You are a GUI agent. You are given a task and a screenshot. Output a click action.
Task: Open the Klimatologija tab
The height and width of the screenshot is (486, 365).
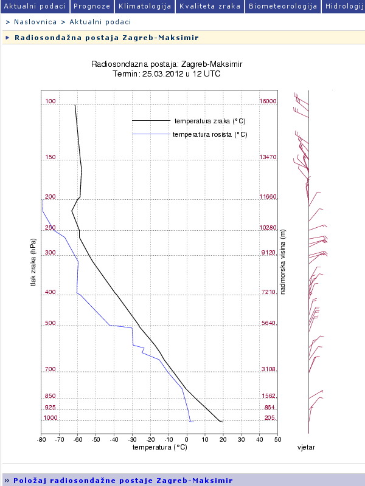click(145, 6)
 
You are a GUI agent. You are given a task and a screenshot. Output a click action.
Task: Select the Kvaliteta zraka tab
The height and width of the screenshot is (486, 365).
click(210, 6)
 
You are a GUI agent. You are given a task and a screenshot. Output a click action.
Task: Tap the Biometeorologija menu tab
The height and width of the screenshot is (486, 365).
click(283, 6)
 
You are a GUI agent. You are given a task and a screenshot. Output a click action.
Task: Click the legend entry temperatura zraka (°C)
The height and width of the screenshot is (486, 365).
click(209, 121)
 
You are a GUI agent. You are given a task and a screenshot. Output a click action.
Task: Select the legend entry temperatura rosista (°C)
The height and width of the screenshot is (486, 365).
click(209, 134)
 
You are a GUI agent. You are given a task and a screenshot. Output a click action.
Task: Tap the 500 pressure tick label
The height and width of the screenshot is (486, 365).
click(50, 324)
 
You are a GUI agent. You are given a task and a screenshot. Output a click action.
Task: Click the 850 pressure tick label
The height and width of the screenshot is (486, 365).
click(50, 396)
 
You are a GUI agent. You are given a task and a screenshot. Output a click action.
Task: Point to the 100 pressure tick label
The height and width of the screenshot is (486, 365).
click(50, 101)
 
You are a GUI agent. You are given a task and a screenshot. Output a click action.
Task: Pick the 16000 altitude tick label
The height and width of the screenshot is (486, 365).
click(268, 101)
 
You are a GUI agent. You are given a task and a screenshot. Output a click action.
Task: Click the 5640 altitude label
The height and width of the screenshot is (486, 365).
click(269, 324)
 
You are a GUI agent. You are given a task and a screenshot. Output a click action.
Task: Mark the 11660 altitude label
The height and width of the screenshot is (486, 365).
click(268, 197)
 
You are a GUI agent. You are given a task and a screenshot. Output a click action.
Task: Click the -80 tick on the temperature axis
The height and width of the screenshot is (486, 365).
click(41, 439)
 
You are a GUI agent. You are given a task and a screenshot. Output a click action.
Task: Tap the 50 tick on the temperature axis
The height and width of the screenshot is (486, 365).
click(277, 439)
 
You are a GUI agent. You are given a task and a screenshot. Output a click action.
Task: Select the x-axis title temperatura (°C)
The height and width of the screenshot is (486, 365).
click(159, 448)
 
